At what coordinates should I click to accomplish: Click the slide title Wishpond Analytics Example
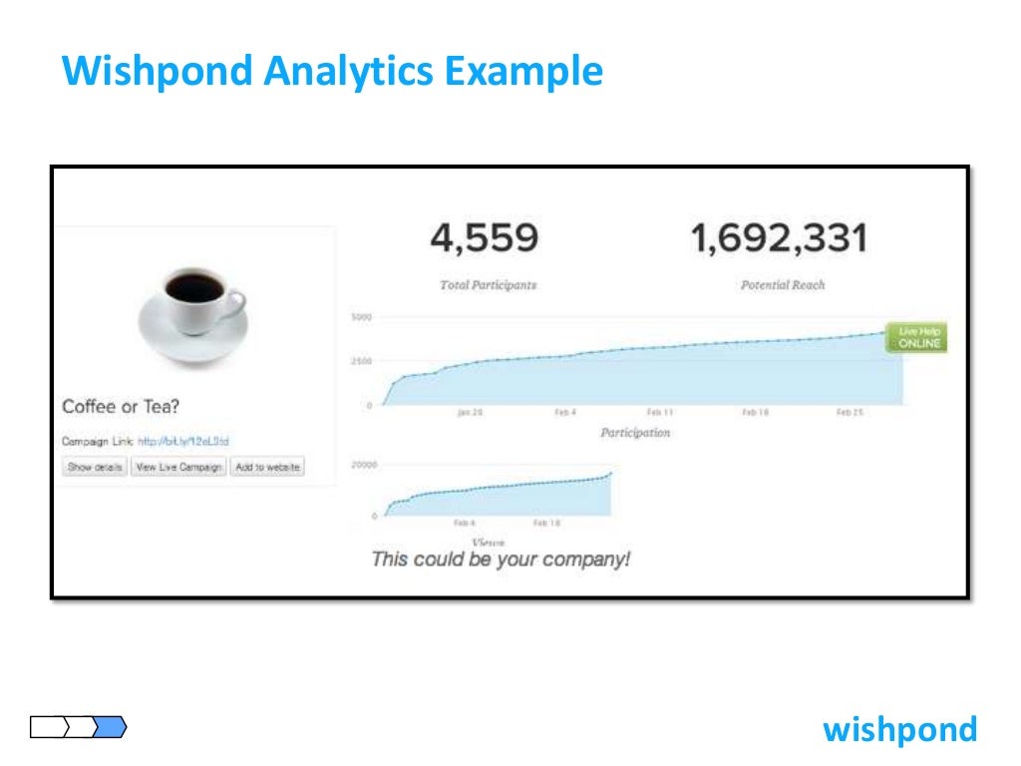(332, 72)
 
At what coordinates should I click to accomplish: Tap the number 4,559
(485, 238)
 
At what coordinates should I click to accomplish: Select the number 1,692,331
(779, 238)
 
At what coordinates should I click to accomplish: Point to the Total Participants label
(488, 285)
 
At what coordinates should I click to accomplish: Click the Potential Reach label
(783, 285)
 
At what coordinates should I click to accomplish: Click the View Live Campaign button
(178, 467)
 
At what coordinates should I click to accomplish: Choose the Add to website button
(266, 467)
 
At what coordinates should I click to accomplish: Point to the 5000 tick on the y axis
(361, 317)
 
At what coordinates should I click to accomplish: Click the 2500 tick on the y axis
(361, 361)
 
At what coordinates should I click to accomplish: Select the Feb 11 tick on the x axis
(660, 412)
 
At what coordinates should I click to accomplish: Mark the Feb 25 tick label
(850, 412)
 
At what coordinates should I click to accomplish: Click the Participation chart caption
(635, 433)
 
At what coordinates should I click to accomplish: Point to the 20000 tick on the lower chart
(365, 465)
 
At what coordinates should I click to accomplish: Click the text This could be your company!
(501, 559)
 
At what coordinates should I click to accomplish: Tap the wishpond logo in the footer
(899, 729)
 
